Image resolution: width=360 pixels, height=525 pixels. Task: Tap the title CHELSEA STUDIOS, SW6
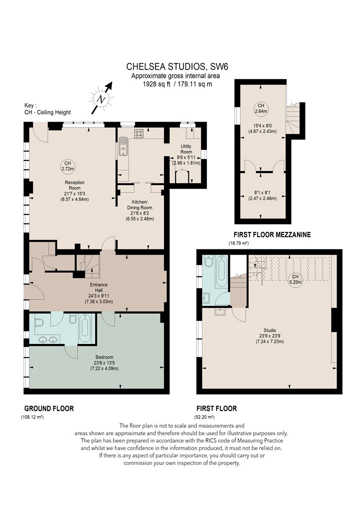(177, 66)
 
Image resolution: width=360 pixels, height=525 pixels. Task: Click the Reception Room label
(74, 185)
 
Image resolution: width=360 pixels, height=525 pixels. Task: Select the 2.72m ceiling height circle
(67, 166)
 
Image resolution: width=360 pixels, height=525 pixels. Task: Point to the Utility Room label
(186, 149)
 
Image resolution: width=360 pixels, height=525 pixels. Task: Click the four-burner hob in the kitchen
(139, 133)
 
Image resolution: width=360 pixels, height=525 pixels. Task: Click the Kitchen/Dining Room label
(139, 204)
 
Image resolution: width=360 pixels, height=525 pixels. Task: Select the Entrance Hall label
(99, 287)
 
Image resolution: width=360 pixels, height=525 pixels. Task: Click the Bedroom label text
(104, 357)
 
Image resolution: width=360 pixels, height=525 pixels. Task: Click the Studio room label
(270, 330)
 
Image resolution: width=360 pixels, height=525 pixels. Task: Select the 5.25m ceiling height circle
(295, 279)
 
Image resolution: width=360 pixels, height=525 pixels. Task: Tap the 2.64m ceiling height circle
(261, 108)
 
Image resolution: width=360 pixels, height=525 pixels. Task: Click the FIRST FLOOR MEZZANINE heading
(272, 234)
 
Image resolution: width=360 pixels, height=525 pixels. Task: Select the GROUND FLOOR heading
(49, 408)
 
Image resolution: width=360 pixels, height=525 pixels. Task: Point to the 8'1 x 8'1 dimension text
(262, 192)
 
